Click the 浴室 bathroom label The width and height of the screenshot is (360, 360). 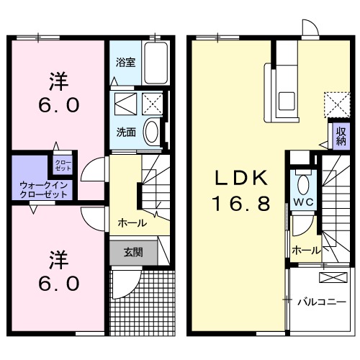tap(125, 62)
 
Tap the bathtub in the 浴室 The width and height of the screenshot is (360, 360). tap(155, 63)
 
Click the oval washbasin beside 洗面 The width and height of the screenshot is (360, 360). tap(152, 132)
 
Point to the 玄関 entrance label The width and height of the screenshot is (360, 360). tap(132, 252)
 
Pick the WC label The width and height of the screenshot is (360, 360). tap(302, 202)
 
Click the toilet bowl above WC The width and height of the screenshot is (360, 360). tap(302, 181)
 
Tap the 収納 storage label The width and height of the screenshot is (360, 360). tap(340, 136)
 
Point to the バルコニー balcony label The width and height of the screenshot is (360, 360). tap(321, 302)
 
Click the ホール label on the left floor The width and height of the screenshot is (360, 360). tap(132, 223)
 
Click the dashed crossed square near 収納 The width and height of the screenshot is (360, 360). tap(333, 104)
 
